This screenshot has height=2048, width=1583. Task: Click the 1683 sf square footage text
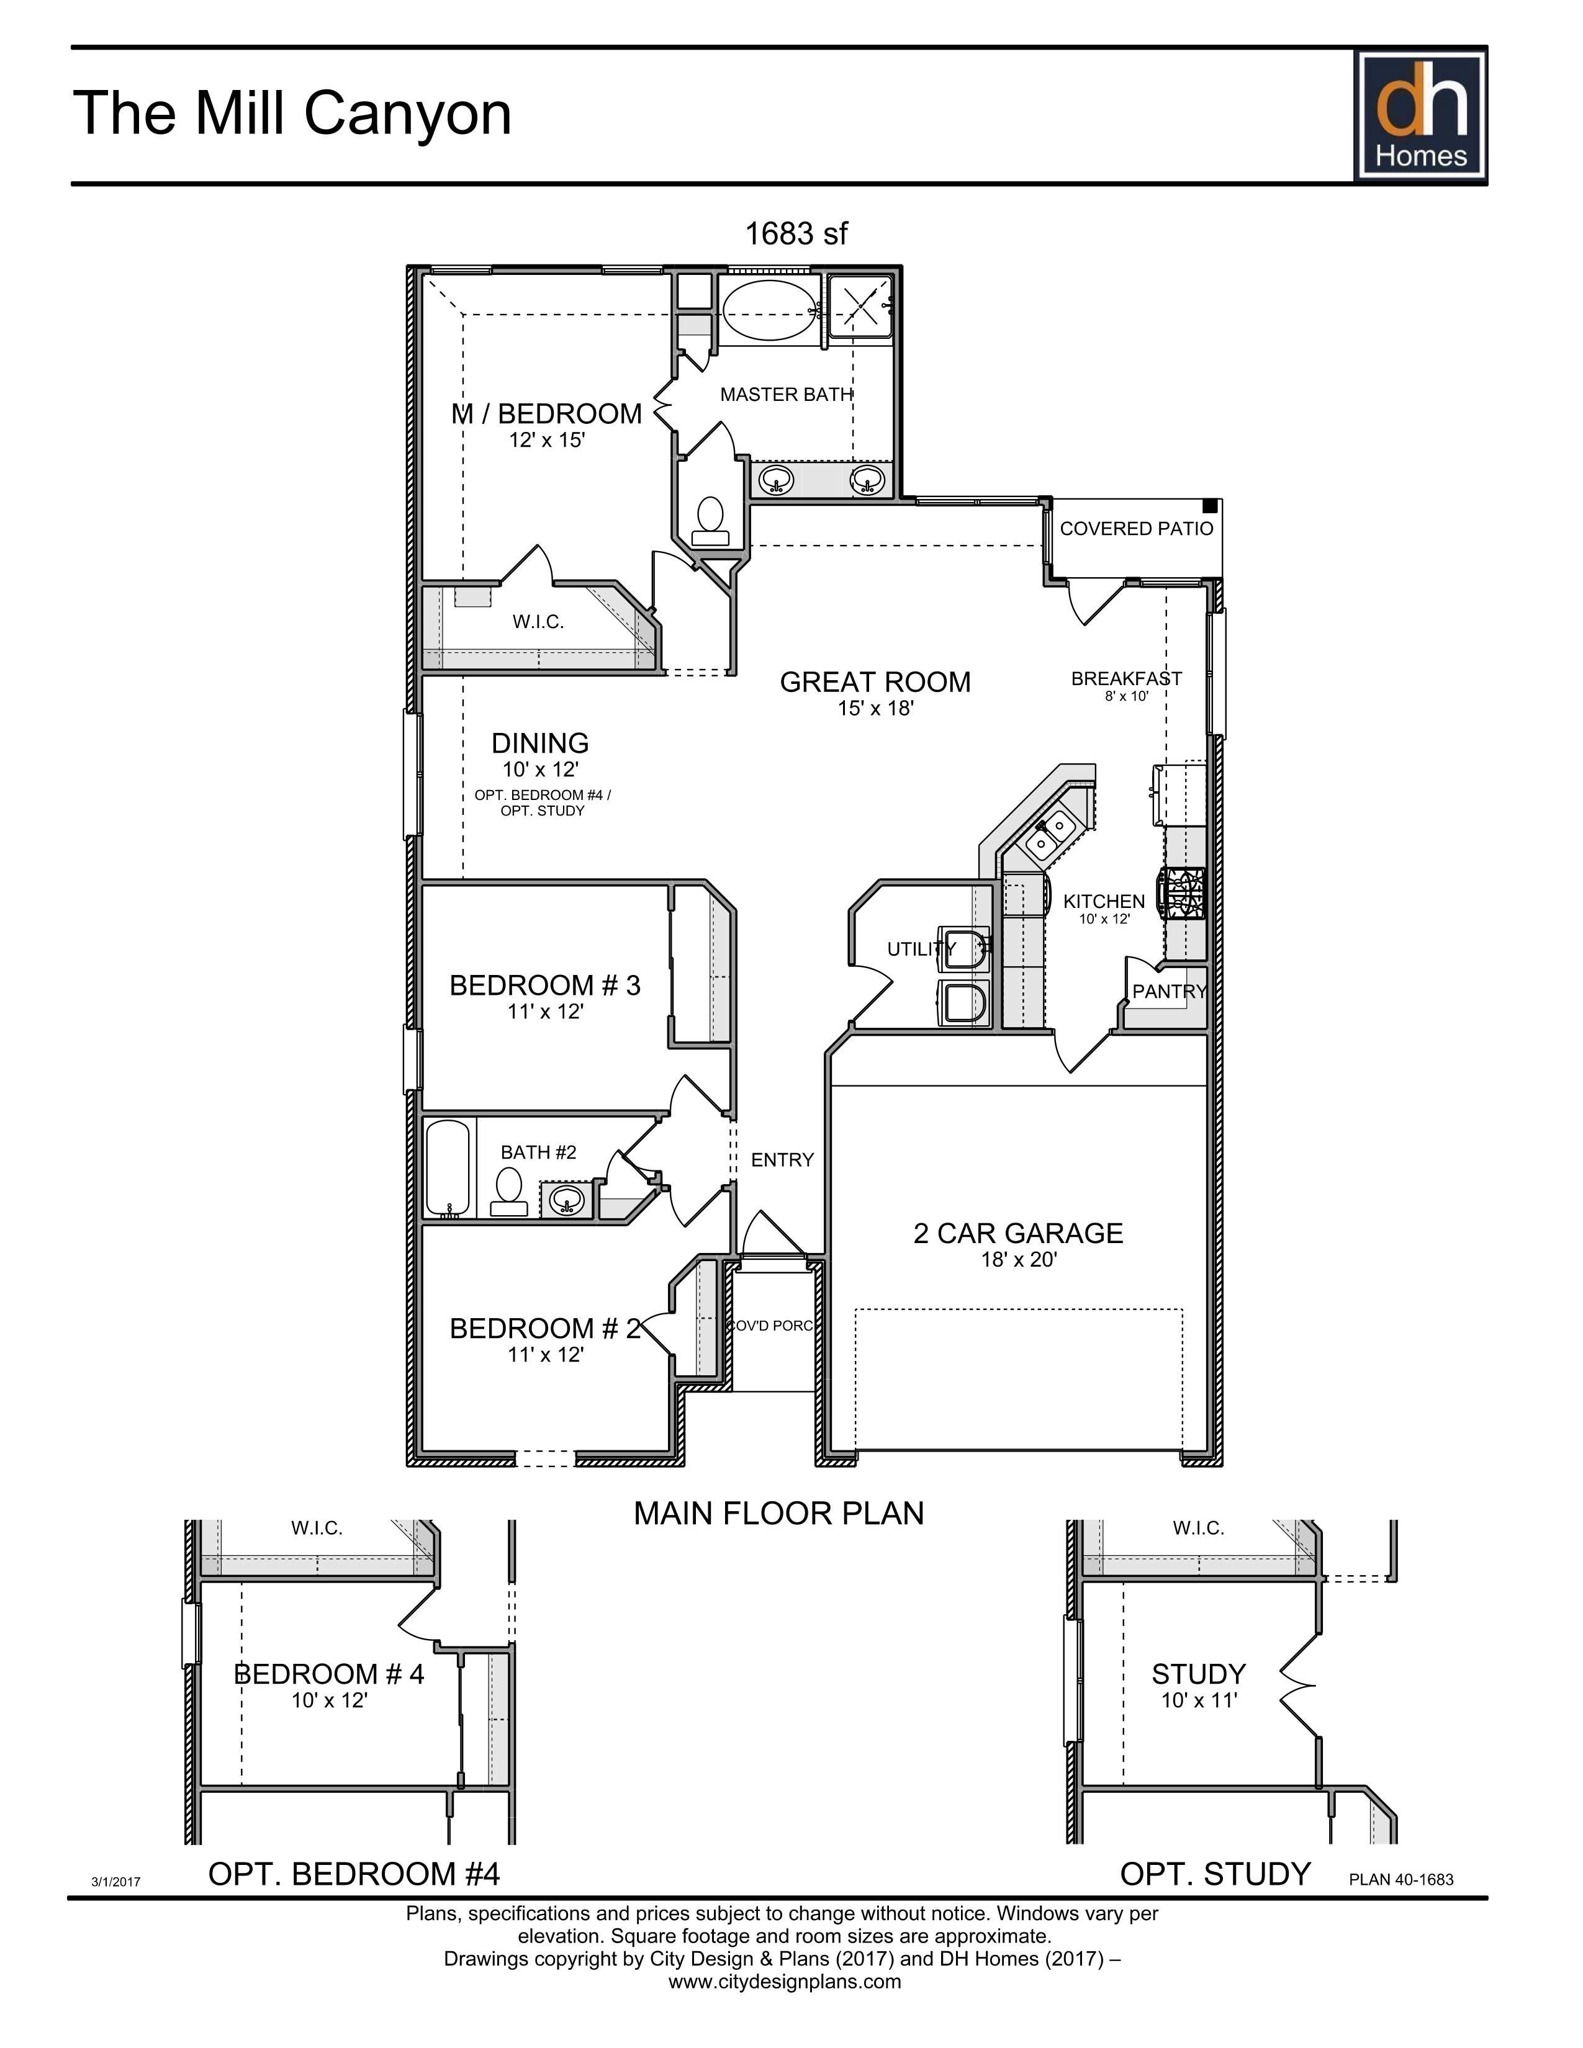pyautogui.click(x=795, y=233)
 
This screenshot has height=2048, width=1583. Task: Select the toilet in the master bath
pyautogui.click(x=710, y=521)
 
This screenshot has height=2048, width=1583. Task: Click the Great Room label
pyautogui.click(x=875, y=681)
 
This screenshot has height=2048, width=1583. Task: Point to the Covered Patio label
pyautogui.click(x=1135, y=529)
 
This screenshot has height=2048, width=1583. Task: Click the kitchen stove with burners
pyautogui.click(x=1183, y=894)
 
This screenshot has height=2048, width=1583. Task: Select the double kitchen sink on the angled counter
pyautogui.click(x=1049, y=835)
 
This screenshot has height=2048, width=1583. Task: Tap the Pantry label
pyautogui.click(x=1168, y=991)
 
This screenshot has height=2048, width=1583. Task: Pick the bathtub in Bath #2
pyautogui.click(x=448, y=1167)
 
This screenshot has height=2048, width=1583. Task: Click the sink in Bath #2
pyautogui.click(x=566, y=1198)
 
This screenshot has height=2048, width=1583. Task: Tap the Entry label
pyautogui.click(x=782, y=1160)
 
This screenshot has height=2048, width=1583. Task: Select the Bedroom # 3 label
pyautogui.click(x=545, y=986)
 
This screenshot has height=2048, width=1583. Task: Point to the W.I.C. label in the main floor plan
pyautogui.click(x=538, y=622)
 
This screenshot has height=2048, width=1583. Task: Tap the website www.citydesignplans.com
pyautogui.click(x=784, y=1982)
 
